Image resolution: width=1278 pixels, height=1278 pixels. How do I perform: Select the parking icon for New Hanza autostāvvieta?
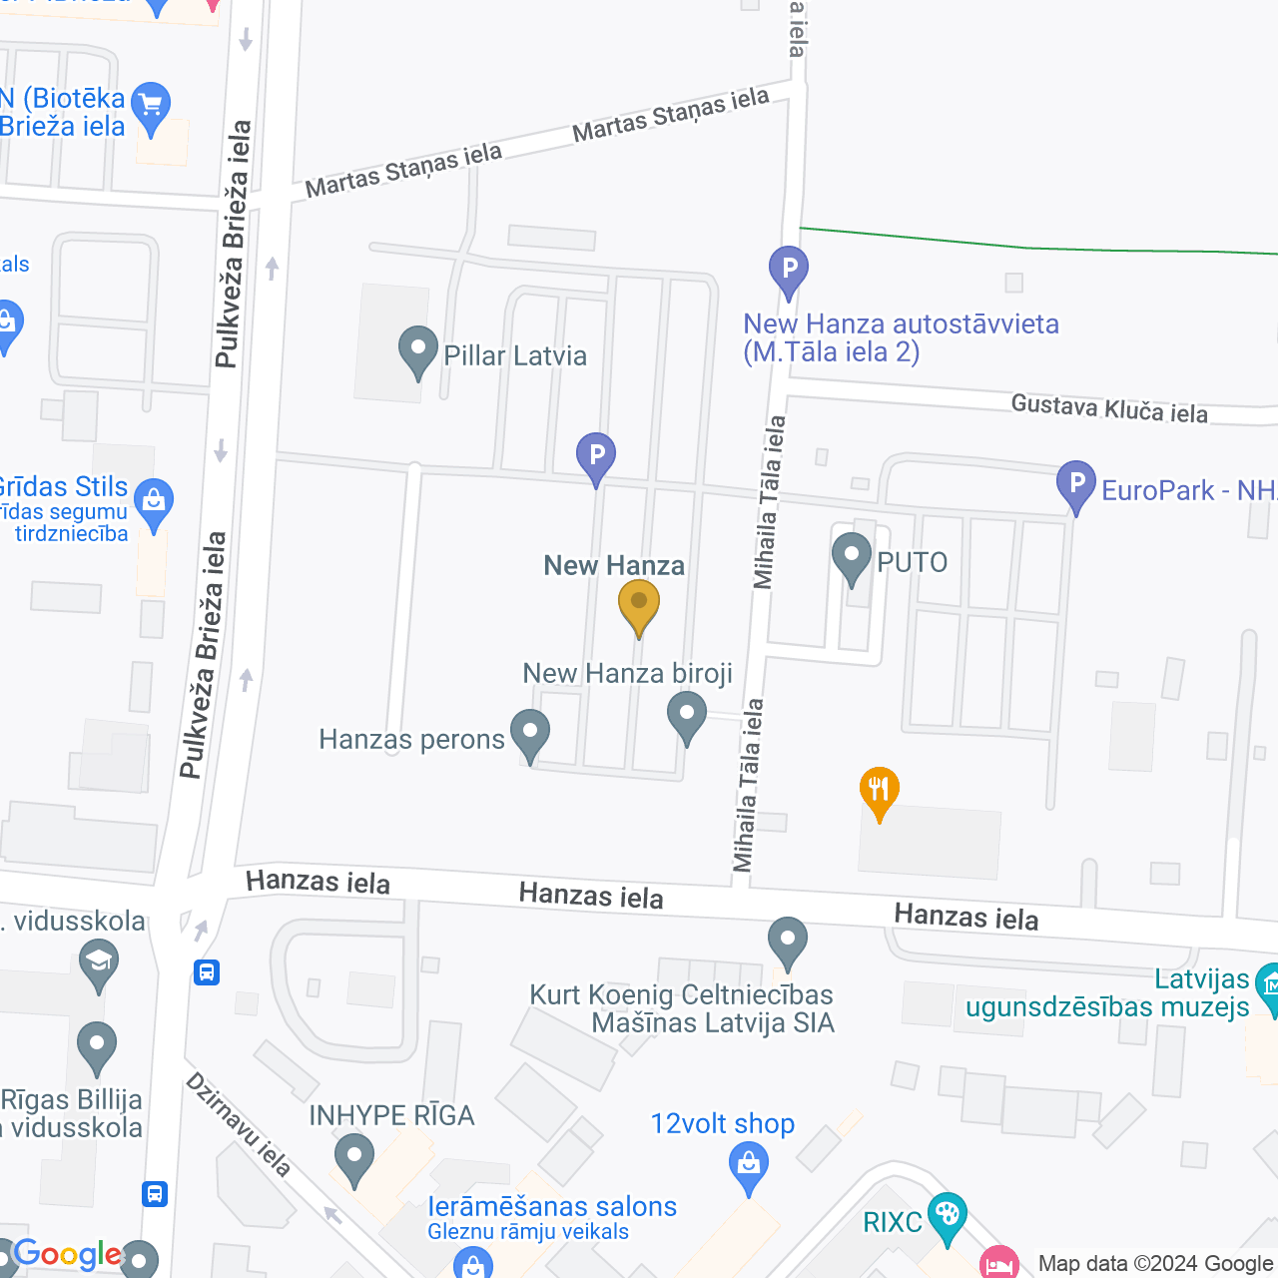tap(789, 269)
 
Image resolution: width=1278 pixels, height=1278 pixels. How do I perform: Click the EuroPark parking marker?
tap(1076, 484)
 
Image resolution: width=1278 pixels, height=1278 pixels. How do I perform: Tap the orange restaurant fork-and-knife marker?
tap(880, 791)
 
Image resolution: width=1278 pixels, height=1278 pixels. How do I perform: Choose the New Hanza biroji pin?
tap(687, 715)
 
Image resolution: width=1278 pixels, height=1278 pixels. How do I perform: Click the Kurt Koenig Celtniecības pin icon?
tap(788, 941)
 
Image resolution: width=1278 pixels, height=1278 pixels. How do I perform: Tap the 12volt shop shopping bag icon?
tap(749, 1164)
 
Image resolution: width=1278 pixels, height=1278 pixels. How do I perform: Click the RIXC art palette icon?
tap(947, 1215)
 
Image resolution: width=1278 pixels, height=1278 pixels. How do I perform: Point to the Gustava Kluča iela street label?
tap(1109, 408)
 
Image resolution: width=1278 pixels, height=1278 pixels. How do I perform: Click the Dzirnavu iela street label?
tap(239, 1124)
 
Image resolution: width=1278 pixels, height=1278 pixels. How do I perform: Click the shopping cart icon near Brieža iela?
tap(151, 105)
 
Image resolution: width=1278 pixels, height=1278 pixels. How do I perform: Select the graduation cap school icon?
tap(99, 962)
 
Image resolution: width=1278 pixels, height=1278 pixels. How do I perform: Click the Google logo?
tap(67, 1254)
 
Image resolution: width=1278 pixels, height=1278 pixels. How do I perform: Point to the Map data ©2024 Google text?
tap(1155, 1264)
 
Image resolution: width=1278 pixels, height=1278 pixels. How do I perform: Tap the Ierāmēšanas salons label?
tap(552, 1206)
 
